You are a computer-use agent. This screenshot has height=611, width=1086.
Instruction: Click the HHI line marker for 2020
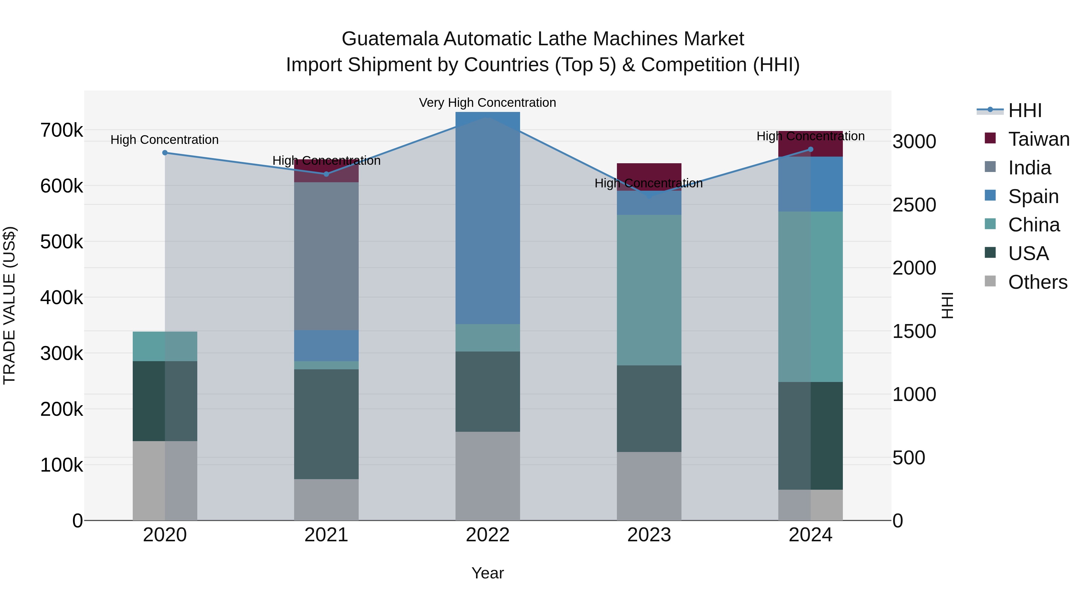tap(165, 153)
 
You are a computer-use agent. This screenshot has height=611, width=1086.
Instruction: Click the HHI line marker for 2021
tap(326, 174)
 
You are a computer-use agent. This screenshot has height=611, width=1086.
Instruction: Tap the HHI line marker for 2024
tap(810, 149)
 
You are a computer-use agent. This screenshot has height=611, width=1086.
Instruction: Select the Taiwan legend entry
tap(1038, 139)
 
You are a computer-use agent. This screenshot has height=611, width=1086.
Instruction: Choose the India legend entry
tap(1029, 168)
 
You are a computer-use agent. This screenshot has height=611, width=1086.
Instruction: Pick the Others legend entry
tap(1037, 282)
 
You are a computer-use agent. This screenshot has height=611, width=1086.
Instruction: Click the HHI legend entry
tap(1024, 110)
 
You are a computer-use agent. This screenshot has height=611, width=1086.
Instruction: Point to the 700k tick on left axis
tap(62, 130)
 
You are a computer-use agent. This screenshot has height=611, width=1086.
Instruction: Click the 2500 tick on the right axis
tap(914, 205)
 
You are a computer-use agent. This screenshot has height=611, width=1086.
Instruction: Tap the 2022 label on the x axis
tap(487, 535)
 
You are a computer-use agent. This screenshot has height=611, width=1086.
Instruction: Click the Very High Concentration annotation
tap(487, 103)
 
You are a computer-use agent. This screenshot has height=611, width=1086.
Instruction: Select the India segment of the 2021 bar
tap(326, 256)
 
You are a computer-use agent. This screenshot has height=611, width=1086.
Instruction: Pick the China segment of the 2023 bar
tap(649, 290)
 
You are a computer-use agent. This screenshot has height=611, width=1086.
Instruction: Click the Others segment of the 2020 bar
tap(165, 480)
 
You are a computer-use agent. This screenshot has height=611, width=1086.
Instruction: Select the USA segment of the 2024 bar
tap(810, 436)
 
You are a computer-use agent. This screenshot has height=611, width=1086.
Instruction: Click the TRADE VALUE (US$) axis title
tap(9, 305)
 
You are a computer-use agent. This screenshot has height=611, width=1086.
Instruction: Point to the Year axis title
tap(487, 573)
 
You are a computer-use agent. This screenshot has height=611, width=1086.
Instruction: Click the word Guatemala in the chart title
tap(390, 39)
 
